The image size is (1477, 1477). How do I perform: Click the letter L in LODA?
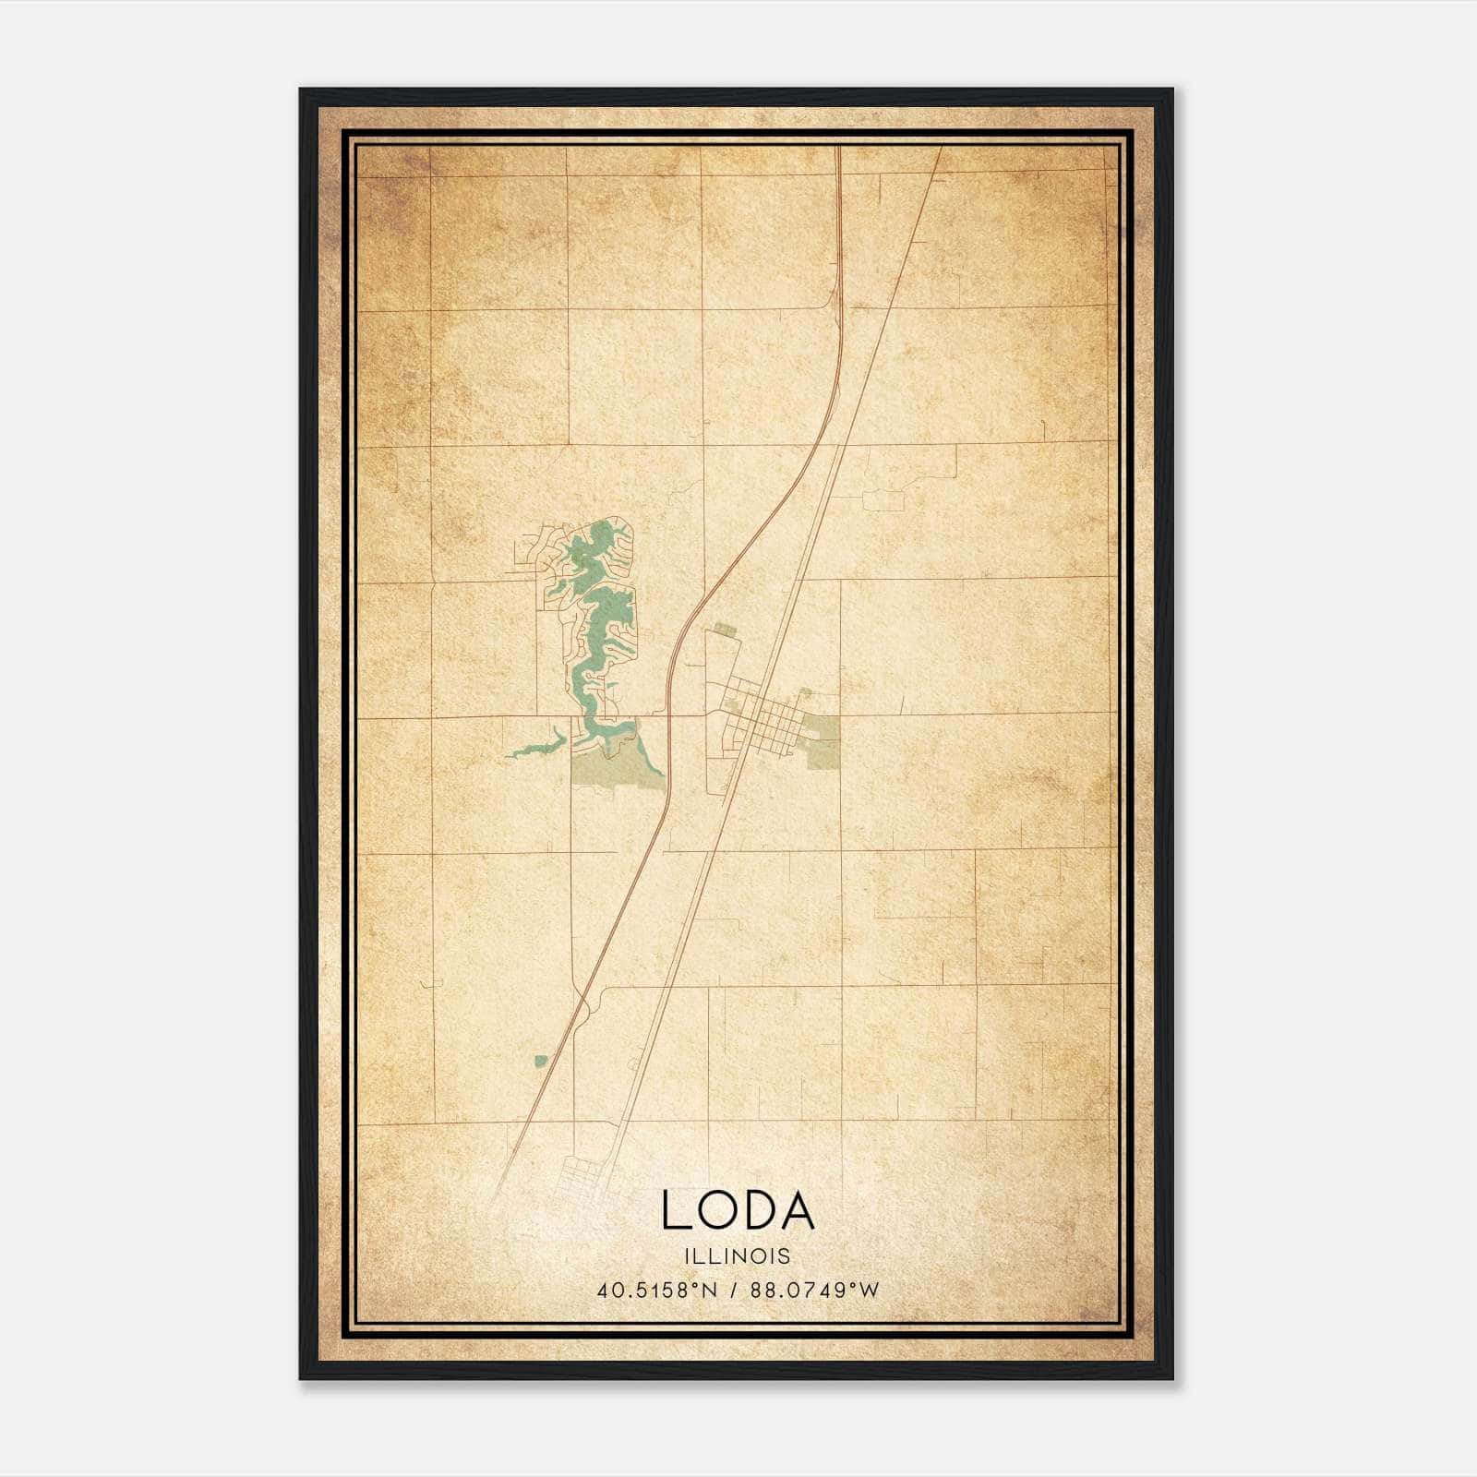(x=676, y=1211)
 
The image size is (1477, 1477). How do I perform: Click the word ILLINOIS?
(x=738, y=1256)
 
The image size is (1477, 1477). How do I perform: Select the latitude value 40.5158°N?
(x=656, y=1291)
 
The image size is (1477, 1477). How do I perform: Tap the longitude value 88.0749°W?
(x=816, y=1291)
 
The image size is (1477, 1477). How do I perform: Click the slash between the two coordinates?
(x=735, y=1291)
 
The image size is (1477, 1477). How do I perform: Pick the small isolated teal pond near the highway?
(x=540, y=1061)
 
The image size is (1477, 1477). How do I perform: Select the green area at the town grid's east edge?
(x=823, y=742)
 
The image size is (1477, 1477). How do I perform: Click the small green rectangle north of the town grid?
(x=724, y=629)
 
